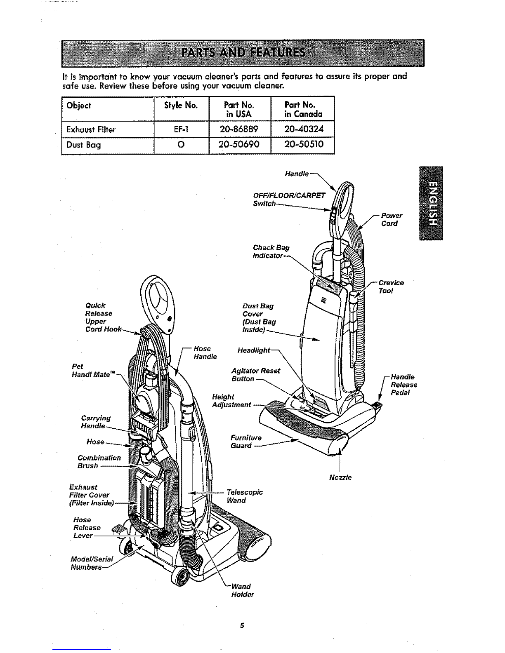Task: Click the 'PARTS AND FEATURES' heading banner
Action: [243, 53]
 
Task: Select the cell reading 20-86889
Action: [239, 129]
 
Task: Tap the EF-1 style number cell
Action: [181, 129]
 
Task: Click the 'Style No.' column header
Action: [181, 106]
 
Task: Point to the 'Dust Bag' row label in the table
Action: [84, 145]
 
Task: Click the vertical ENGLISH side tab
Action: [431, 203]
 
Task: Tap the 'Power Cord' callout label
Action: [391, 219]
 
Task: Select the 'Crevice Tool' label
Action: [391, 287]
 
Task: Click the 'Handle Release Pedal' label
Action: [404, 385]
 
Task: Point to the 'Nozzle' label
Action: [340, 477]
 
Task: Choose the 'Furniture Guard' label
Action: [246, 442]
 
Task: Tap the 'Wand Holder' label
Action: [243, 590]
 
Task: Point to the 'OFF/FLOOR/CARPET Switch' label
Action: [289, 200]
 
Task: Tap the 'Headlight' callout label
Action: [254, 350]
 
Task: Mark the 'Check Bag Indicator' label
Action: [271, 251]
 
